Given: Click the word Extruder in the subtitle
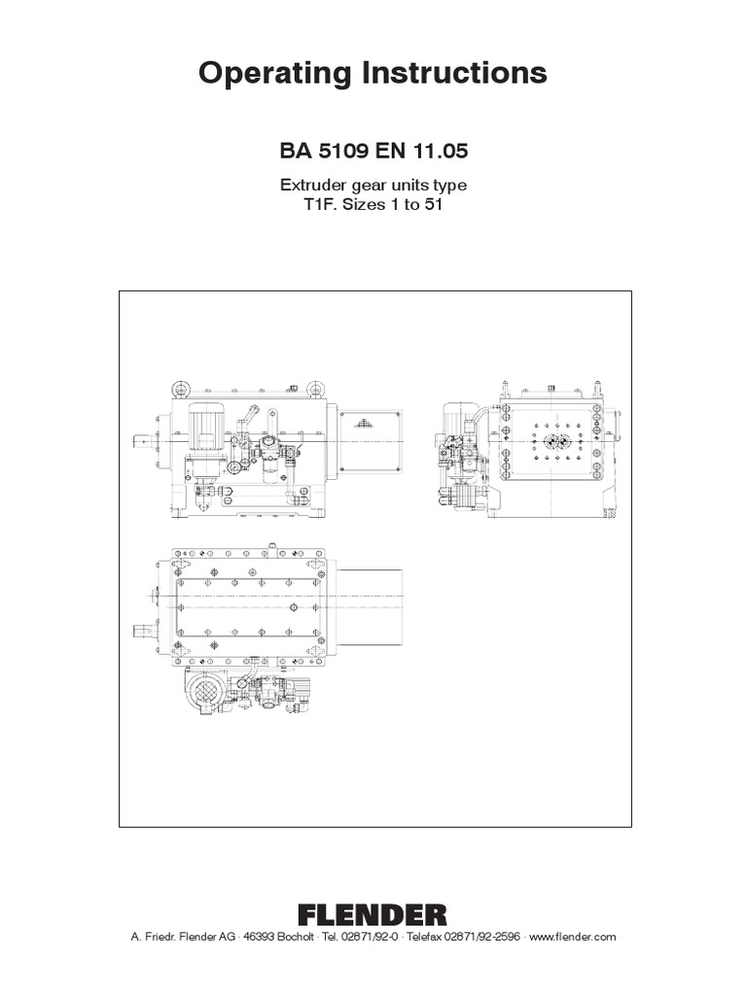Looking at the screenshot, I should coord(313,186).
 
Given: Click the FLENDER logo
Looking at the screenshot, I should coord(373,913).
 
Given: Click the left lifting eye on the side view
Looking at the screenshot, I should coord(180,390).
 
